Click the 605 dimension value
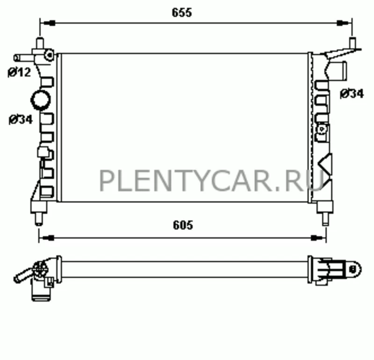183,226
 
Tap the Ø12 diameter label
19,72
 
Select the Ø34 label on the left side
20,120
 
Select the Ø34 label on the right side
352,94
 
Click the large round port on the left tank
40,100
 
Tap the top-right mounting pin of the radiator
352,43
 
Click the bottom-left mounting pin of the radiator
39,218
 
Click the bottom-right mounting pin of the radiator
324,218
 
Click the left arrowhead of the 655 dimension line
47,23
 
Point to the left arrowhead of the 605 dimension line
46,237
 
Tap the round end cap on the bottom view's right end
354,268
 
